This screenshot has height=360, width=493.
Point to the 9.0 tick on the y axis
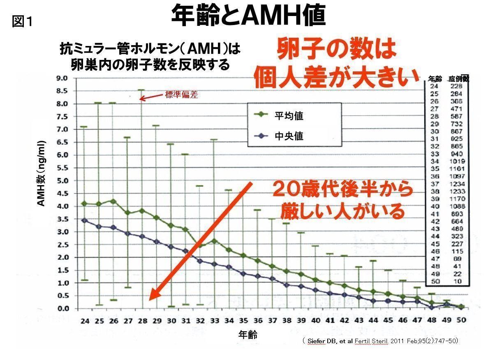[x=62, y=78]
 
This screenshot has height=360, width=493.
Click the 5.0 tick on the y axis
[x=62, y=181]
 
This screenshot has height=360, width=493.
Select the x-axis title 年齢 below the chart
[x=248, y=335]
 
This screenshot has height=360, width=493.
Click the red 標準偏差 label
[x=181, y=95]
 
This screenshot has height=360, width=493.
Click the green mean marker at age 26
[x=113, y=202]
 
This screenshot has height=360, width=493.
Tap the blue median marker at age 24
[x=84, y=220]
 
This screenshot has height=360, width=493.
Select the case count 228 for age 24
[x=456, y=86]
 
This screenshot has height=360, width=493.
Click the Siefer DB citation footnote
[x=380, y=341]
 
